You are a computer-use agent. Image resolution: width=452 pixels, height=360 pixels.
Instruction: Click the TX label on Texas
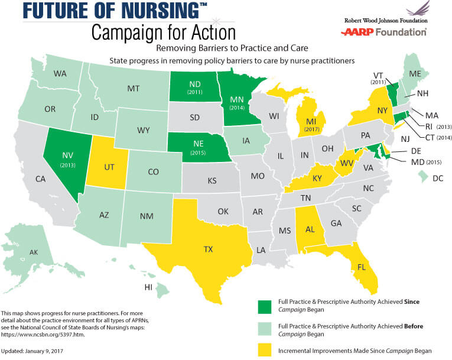point(208,249)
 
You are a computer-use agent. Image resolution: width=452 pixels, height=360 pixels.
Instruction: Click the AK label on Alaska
point(33,252)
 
